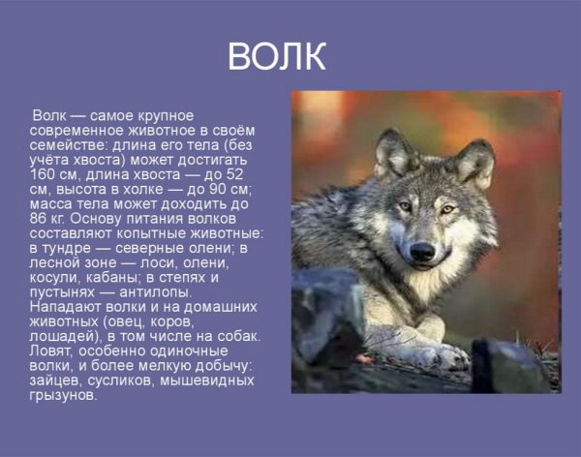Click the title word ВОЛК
(277, 57)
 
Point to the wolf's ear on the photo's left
(392, 153)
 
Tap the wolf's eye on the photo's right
(446, 208)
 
